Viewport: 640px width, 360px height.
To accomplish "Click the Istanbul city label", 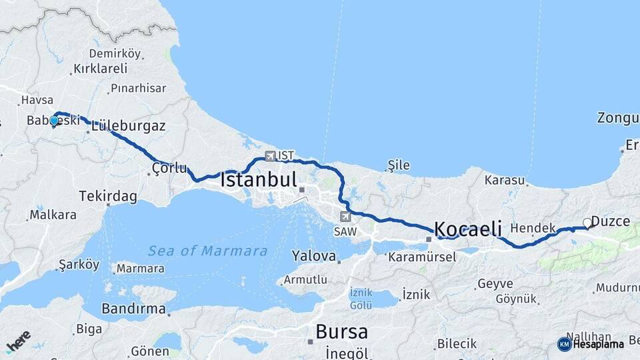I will pos(258,179).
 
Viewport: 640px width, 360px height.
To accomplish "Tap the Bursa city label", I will pos(341,331).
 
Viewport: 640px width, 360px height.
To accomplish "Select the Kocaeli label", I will pos(468,229).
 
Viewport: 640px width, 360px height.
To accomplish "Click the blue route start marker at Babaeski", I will pos(54,121).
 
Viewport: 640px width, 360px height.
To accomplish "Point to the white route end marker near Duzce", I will pos(587,223).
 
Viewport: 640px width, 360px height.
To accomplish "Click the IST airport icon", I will pos(270,156).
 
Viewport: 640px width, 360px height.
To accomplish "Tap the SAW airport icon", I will pos(345,217).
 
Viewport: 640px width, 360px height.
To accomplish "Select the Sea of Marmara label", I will pos(207,251).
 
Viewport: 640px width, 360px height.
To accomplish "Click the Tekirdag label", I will pos(108,196).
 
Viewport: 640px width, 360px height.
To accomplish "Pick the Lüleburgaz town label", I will pos(129,125).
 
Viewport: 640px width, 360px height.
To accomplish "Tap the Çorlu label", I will pos(169,167).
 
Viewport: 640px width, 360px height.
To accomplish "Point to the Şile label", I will pos(399,165).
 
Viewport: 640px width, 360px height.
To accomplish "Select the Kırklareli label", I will pos(100,69).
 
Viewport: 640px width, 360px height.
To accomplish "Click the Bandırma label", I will pos(133,309).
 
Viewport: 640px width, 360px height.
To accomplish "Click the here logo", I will pos(19,341).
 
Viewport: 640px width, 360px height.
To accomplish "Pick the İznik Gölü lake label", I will pos(361,298).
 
